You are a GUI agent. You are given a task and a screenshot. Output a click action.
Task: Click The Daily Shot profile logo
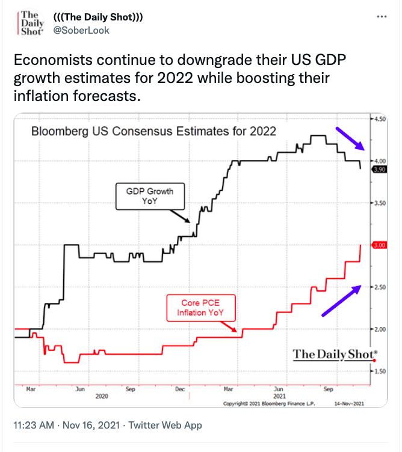point(28,23)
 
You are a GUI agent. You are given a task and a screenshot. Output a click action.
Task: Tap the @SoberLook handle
point(81,30)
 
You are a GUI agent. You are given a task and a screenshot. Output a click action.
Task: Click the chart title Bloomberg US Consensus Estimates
point(153,130)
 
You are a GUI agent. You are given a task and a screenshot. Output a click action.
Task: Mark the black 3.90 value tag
point(380,169)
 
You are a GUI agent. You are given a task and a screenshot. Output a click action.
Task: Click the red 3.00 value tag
point(380,245)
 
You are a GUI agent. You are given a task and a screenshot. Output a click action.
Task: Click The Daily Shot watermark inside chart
point(335,354)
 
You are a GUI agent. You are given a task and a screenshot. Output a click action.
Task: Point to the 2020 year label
point(102,397)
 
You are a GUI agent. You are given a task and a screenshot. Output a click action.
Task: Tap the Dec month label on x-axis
point(179,389)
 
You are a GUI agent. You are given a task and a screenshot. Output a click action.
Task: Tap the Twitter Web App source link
point(165,425)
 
